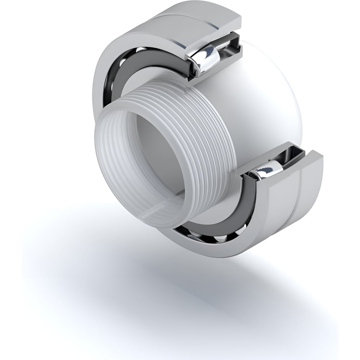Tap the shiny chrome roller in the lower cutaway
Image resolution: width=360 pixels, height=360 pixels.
pos(267,169)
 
